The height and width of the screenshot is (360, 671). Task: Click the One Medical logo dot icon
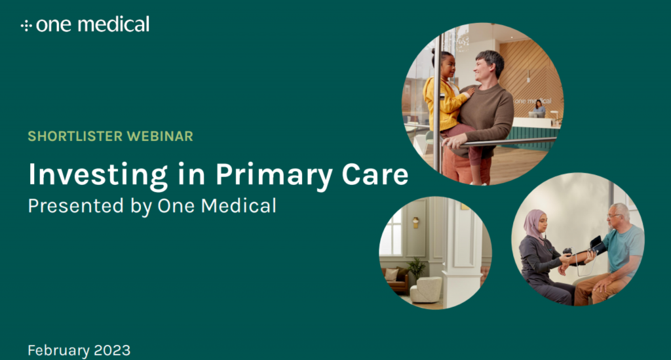pyautogui.click(x=26, y=26)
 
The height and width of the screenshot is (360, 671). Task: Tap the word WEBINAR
pyautogui.click(x=160, y=136)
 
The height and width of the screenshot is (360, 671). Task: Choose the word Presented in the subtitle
pyautogui.click(x=76, y=206)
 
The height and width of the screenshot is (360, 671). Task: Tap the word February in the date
pyautogui.click(x=58, y=351)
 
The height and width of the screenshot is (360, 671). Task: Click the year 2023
pyautogui.click(x=112, y=350)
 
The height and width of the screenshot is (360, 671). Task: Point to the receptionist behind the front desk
pyautogui.click(x=539, y=108)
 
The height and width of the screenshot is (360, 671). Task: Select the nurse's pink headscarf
pyautogui.click(x=533, y=225)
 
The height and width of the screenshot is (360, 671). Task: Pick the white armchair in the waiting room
pyautogui.click(x=426, y=289)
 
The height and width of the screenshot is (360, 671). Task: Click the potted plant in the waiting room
pyautogui.click(x=416, y=269)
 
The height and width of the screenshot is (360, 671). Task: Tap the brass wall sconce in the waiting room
pyautogui.click(x=415, y=222)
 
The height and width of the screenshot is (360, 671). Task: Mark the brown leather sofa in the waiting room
pyautogui.click(x=394, y=281)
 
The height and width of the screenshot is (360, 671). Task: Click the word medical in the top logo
pyautogui.click(x=113, y=24)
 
